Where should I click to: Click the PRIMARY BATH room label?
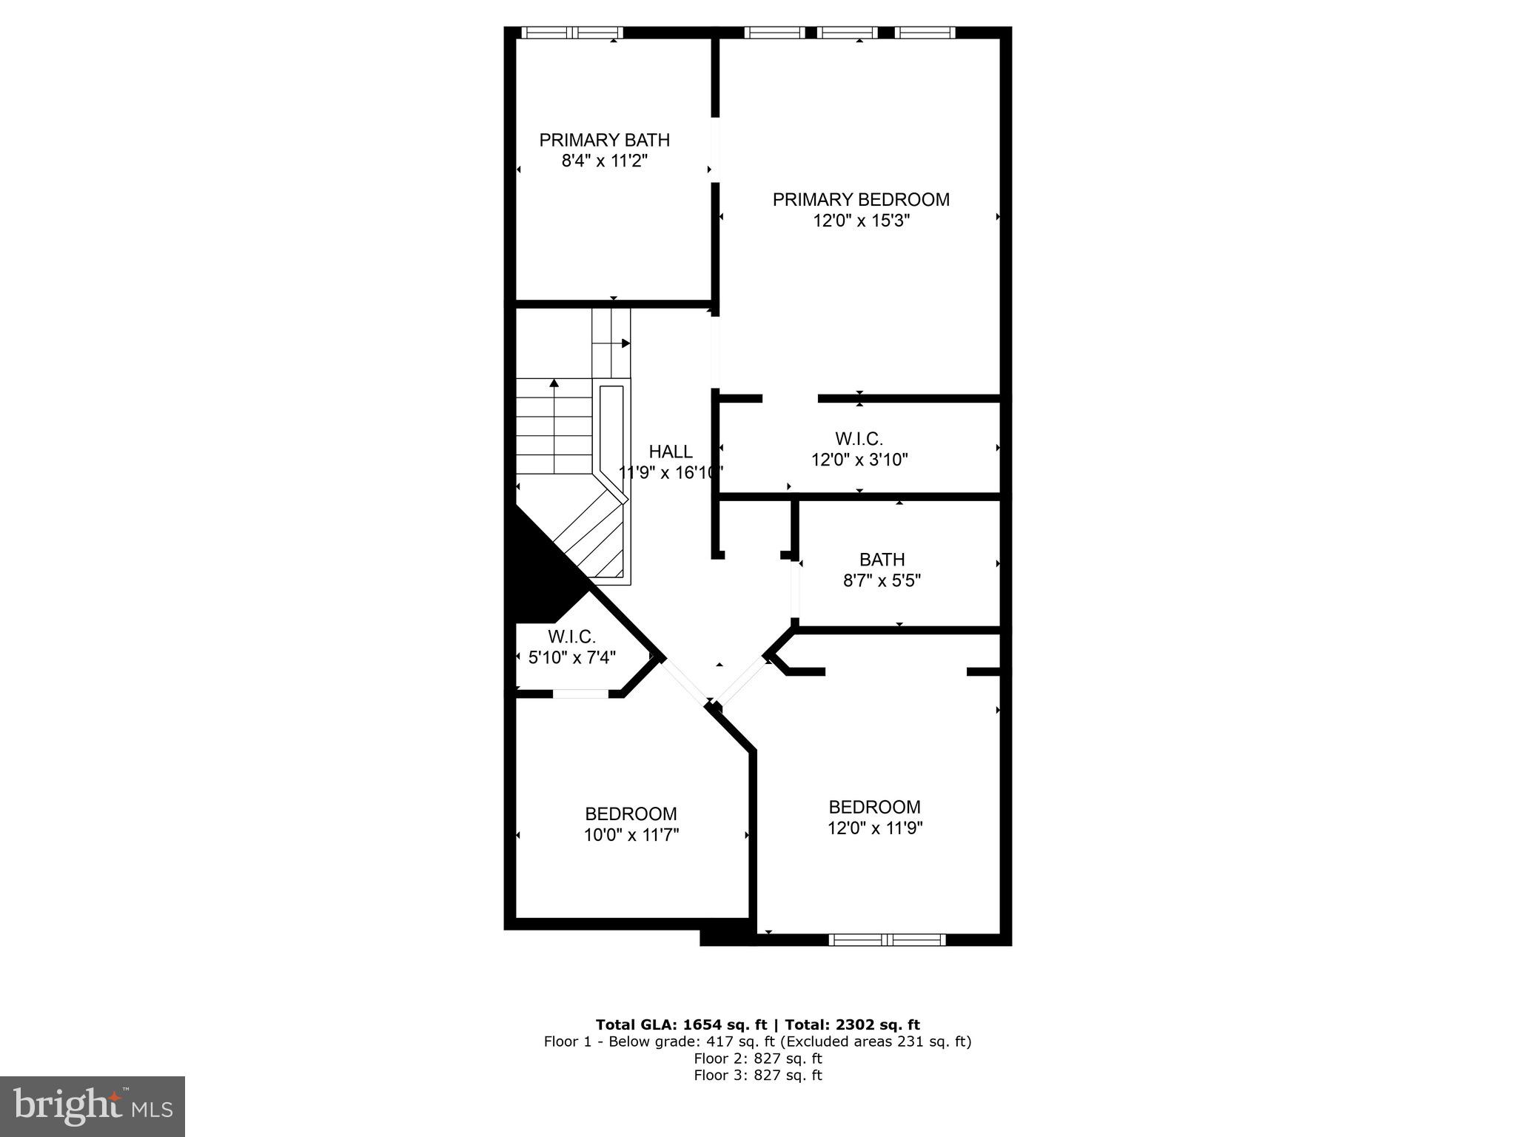(x=604, y=140)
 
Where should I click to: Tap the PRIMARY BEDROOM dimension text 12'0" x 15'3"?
(x=861, y=221)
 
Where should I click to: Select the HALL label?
(x=671, y=452)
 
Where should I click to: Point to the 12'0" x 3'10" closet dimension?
(x=859, y=460)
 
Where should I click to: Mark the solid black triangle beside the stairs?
(x=537, y=570)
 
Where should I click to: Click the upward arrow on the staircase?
(x=554, y=383)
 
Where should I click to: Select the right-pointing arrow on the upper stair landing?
(x=625, y=343)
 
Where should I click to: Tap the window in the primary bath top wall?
(x=571, y=33)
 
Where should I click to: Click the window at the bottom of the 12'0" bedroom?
(x=887, y=939)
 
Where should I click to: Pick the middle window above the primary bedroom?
(x=849, y=33)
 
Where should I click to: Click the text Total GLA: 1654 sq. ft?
(x=683, y=1024)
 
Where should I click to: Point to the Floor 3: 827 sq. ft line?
(x=757, y=1075)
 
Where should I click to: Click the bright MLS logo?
(x=92, y=1106)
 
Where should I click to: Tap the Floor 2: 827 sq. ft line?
(x=757, y=1059)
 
